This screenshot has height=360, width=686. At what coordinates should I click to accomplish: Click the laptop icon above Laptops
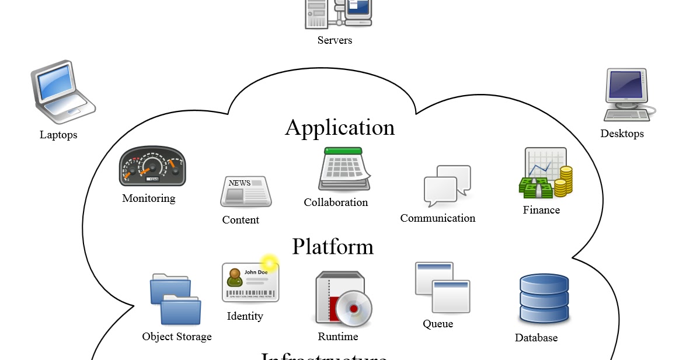62,92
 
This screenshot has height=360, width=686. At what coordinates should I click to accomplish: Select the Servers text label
335,40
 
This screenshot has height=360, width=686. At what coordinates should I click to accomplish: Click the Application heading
340,127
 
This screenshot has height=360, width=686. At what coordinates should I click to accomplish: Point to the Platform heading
332,246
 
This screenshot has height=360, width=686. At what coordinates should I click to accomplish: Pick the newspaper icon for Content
245,191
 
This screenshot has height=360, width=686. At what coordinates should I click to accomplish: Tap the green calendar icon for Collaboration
344,169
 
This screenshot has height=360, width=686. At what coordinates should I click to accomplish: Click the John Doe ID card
250,282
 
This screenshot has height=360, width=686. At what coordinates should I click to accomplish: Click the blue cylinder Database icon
544,298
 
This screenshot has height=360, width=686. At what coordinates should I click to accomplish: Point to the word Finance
541,210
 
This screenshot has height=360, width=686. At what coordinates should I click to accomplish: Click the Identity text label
245,316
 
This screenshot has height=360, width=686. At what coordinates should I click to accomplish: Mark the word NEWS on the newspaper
239,183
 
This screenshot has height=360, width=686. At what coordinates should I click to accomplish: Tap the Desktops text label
622,134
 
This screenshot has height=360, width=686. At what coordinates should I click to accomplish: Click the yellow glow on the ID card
269,262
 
